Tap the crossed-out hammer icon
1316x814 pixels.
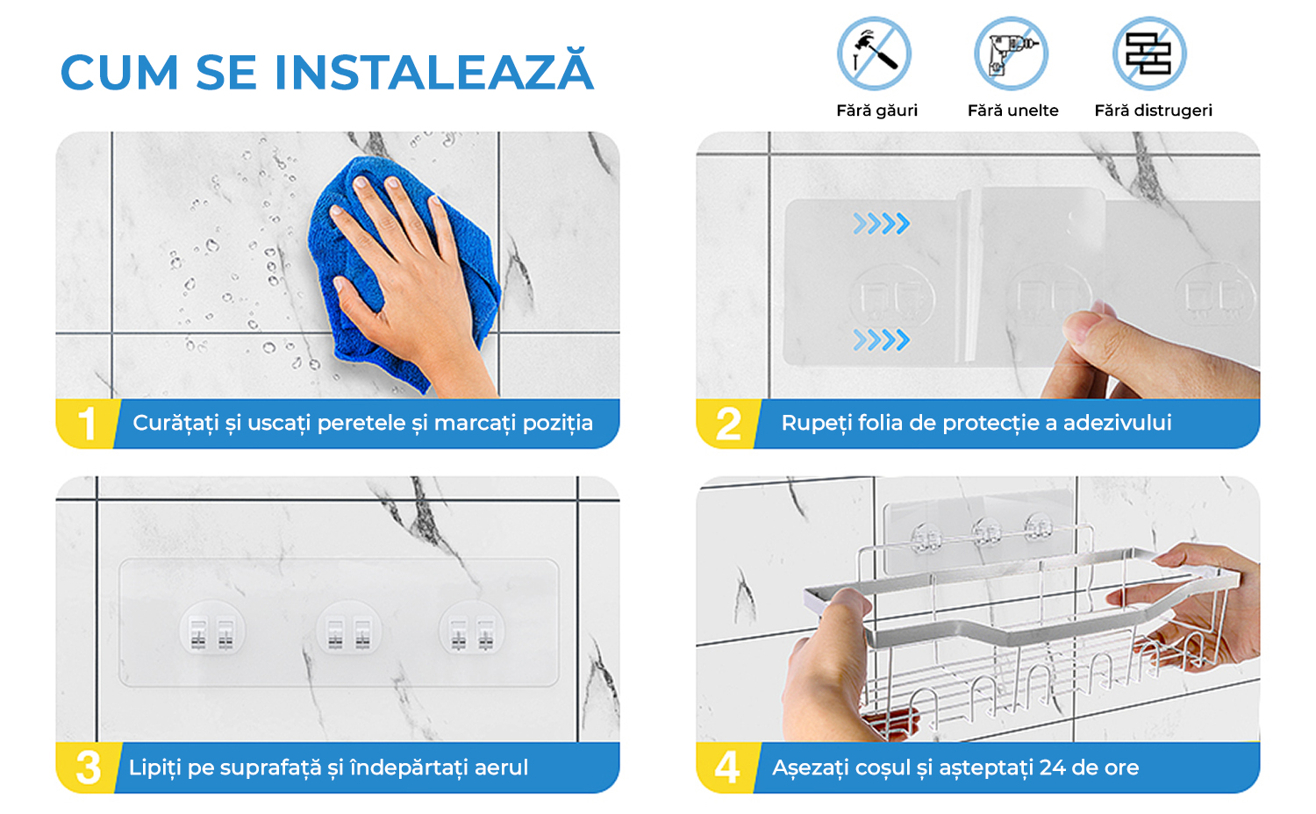(x=874, y=54)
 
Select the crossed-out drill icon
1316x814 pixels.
(x=1011, y=54)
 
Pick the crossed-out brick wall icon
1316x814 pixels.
(x=1149, y=54)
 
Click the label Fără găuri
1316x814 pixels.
(x=876, y=111)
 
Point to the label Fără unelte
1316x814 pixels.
(x=1012, y=111)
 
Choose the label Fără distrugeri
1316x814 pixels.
(x=1154, y=111)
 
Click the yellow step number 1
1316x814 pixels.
(x=87, y=424)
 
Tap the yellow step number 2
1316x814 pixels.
(x=728, y=424)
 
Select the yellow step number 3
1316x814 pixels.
(x=88, y=768)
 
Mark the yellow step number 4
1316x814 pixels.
(x=726, y=768)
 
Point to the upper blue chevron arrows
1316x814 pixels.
(x=881, y=224)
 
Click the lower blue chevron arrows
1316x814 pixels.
(x=881, y=340)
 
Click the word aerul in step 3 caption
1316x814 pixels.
(x=501, y=767)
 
